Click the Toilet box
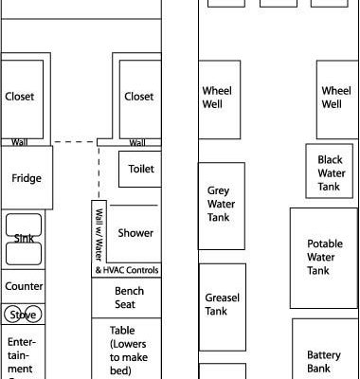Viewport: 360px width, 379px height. coord(139,169)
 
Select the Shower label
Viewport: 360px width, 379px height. coord(135,233)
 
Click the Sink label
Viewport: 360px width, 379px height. coord(24,239)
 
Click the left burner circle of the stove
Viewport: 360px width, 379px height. coord(13,314)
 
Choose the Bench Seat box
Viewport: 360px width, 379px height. coord(129,298)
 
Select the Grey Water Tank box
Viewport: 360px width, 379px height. coord(218,204)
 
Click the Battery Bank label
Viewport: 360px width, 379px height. coord(324,362)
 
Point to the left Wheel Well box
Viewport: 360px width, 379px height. coord(218,98)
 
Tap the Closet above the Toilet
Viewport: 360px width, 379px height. coord(138,97)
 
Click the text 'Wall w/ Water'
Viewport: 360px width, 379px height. coord(98,230)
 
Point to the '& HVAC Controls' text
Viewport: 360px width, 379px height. coord(128,271)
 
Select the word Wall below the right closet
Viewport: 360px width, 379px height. coord(137,143)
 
